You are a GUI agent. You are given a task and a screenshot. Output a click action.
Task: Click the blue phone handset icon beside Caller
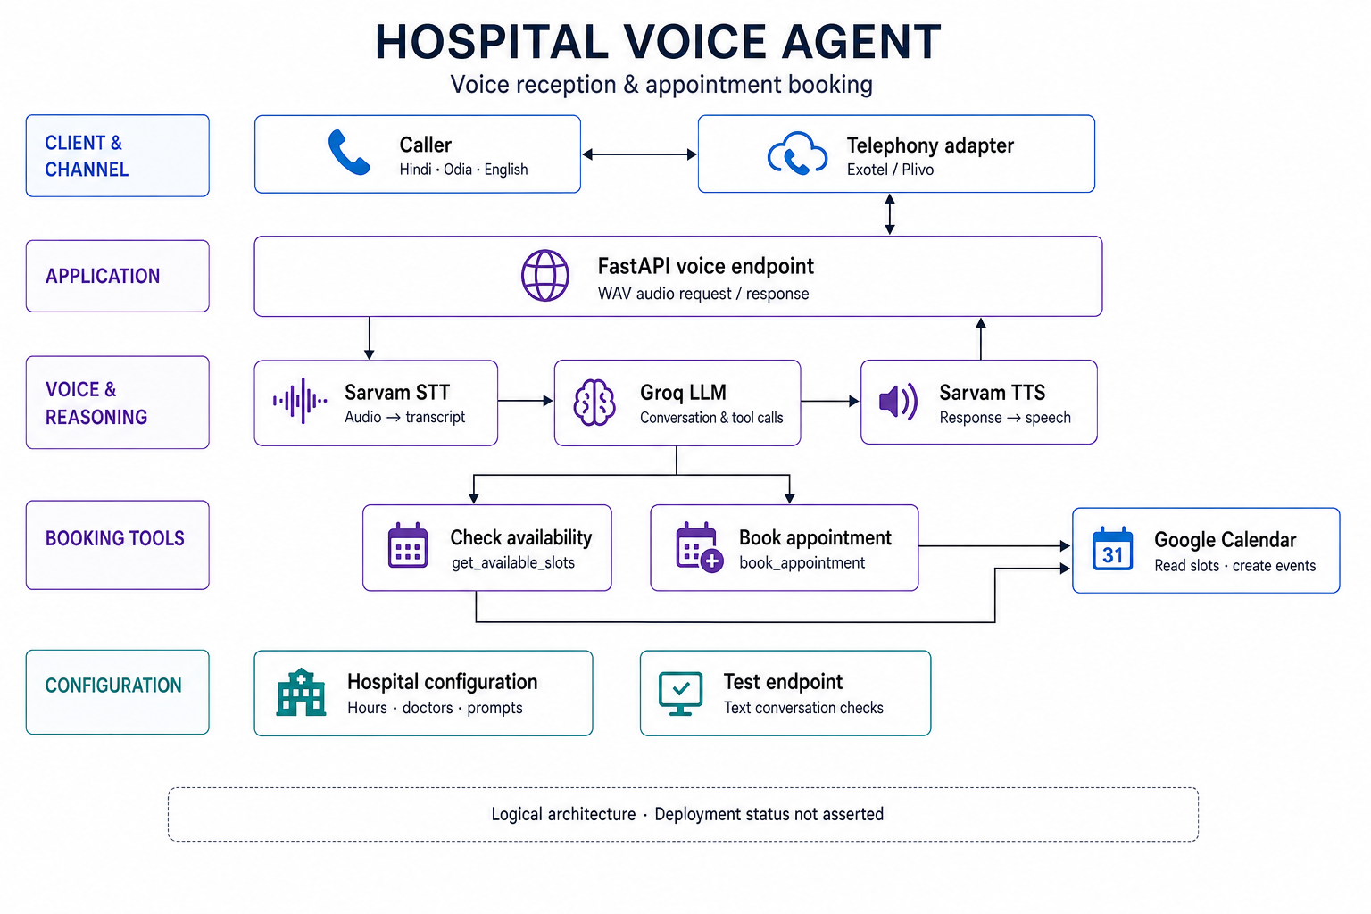(x=349, y=153)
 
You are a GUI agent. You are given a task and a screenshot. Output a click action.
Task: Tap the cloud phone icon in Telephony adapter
(x=797, y=154)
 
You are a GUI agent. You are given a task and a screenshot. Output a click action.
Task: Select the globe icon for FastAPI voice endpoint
(x=544, y=276)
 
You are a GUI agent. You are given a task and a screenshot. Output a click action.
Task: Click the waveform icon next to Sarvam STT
(x=300, y=401)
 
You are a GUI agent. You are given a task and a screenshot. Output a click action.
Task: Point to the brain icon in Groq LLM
(x=594, y=403)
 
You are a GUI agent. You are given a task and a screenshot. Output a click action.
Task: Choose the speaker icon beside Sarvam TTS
(x=898, y=402)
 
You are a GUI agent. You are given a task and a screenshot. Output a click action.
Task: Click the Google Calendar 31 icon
(x=1113, y=549)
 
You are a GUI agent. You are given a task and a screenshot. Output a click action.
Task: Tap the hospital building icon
(x=301, y=693)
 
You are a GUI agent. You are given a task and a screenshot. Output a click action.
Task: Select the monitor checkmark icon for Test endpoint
(x=681, y=694)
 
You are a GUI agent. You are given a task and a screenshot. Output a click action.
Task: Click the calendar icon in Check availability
(x=408, y=544)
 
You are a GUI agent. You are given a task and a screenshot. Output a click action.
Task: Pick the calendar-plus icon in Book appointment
(x=699, y=546)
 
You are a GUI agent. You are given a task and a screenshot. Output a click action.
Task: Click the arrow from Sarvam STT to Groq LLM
(x=525, y=401)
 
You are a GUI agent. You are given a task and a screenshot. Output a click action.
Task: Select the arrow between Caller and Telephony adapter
(x=640, y=154)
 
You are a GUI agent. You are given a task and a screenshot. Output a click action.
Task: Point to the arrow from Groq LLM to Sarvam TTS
(x=830, y=402)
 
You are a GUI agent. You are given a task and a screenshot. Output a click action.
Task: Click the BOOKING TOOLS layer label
(x=114, y=538)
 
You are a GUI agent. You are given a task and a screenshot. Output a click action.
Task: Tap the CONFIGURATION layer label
(x=113, y=685)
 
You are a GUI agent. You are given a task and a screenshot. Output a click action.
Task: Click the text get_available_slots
(x=513, y=563)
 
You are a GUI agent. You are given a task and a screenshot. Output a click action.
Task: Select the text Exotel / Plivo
(x=890, y=170)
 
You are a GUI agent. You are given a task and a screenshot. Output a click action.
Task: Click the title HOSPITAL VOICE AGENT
(x=658, y=42)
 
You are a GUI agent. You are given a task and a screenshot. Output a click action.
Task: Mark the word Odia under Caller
(x=457, y=169)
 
